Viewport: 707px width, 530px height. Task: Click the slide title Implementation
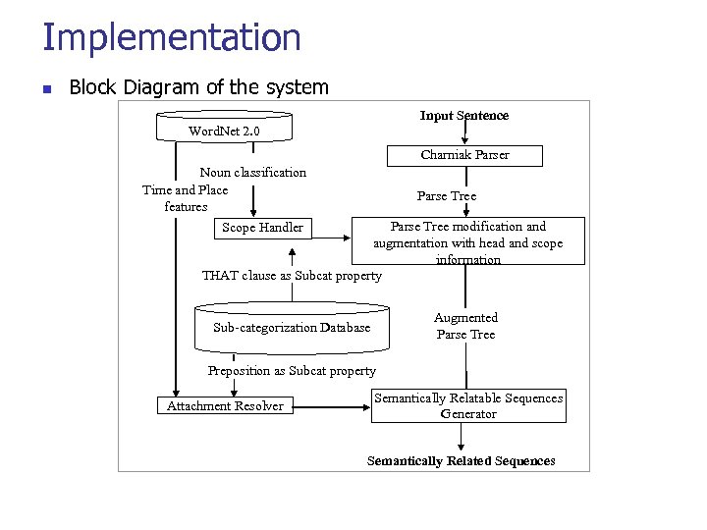(172, 37)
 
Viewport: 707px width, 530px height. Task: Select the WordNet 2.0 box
(224, 130)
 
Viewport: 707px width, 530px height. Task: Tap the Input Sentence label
(464, 116)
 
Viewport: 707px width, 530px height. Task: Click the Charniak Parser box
(464, 154)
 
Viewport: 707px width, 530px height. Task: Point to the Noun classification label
(253, 172)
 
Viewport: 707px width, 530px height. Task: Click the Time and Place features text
(186, 198)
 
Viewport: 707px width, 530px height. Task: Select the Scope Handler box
(262, 228)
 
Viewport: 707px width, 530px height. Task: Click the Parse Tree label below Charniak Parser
(447, 196)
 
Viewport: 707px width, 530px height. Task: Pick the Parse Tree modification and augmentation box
(467, 242)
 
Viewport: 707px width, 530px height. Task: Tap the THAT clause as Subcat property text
(292, 276)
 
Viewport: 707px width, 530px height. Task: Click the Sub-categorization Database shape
(292, 327)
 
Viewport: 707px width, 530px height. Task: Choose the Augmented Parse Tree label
(465, 326)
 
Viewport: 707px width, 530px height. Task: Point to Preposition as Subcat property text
(292, 371)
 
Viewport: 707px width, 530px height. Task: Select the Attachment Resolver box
(225, 405)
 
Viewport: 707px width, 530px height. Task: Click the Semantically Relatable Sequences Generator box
(468, 405)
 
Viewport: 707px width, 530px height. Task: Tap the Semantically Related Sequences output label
(461, 461)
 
